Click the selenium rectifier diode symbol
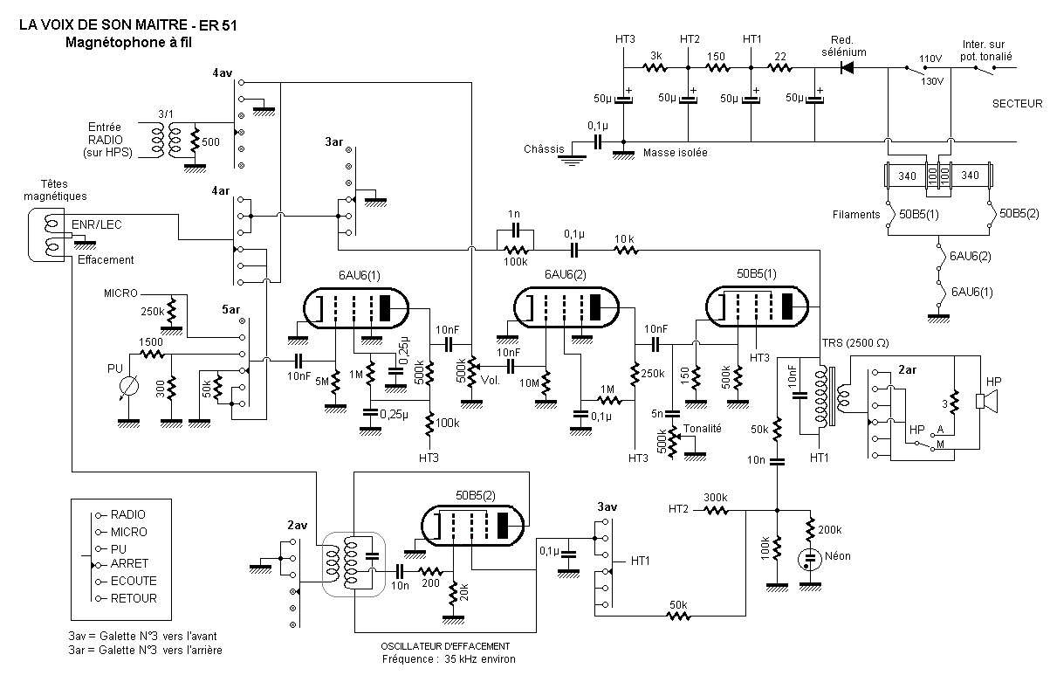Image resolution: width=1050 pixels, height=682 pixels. [847, 68]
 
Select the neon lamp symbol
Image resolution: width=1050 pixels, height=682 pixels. [810, 559]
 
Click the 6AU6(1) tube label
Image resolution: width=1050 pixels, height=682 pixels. [359, 275]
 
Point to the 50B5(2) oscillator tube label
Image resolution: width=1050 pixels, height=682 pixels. [476, 495]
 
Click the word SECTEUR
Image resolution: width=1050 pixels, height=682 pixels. [1017, 104]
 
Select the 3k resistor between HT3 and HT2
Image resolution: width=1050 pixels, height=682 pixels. [655, 68]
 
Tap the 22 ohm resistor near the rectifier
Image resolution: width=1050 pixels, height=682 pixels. [780, 68]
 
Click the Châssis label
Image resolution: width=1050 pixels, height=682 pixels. [544, 149]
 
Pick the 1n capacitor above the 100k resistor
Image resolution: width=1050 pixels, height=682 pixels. [515, 231]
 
